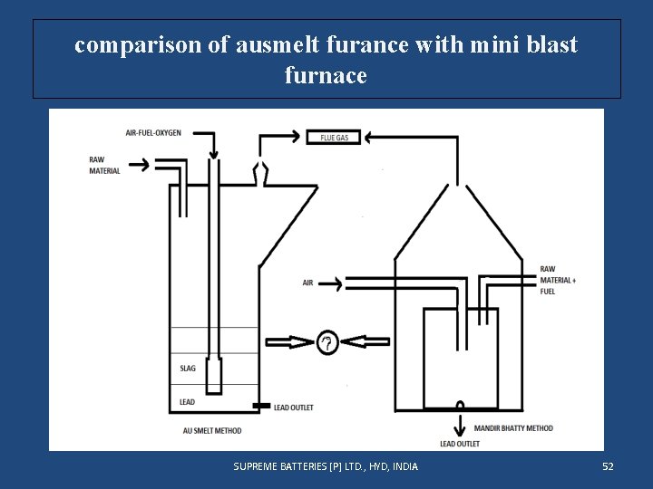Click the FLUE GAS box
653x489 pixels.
point(334,138)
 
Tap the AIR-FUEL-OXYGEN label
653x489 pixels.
point(153,133)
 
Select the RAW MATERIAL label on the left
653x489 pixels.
point(104,166)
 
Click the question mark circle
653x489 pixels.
point(327,342)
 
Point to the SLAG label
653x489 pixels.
point(188,369)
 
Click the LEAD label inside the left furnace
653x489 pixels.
point(187,401)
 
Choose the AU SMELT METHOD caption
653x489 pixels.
point(211,430)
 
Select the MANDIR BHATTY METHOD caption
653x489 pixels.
point(513,427)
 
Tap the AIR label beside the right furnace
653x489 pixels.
point(307,283)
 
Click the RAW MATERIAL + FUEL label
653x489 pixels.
point(557,280)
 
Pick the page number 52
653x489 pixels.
point(608,466)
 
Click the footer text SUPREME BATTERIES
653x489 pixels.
point(326,466)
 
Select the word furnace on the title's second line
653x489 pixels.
point(326,75)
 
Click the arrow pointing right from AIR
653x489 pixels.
point(331,283)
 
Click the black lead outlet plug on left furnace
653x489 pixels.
point(260,405)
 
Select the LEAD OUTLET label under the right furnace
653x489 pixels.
point(459,444)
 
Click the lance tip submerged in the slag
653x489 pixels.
point(213,376)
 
